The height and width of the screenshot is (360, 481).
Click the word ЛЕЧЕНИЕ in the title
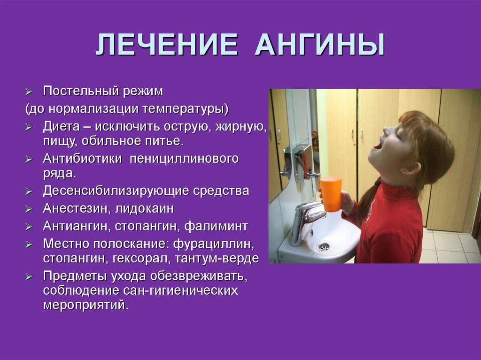point(167,45)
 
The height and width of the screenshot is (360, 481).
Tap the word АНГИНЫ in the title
point(320,45)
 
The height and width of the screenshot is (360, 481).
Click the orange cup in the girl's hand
point(331,194)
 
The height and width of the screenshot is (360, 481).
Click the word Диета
point(61,127)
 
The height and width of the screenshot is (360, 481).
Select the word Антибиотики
point(82,159)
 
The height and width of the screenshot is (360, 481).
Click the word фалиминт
point(216,227)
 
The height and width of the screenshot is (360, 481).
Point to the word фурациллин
point(214,244)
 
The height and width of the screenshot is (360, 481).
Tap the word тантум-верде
point(217,258)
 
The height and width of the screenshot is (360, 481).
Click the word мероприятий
point(85,305)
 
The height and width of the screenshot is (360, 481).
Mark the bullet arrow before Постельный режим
point(29,92)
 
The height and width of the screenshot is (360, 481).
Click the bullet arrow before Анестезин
point(29,209)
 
